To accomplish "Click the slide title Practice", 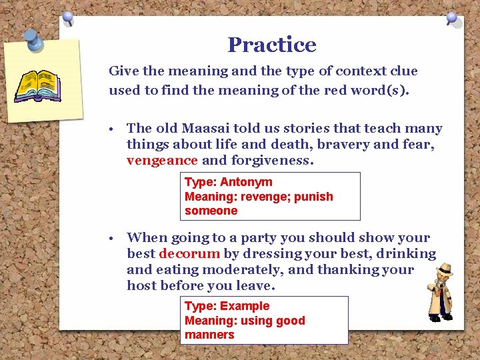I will [271, 45].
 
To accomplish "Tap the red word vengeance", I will [162, 160].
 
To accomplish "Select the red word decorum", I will [189, 253].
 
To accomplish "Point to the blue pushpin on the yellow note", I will [33, 40].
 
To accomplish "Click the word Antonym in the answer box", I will [246, 182].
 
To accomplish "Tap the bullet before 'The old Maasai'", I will [116, 129].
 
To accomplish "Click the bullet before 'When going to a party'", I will [116, 238].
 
